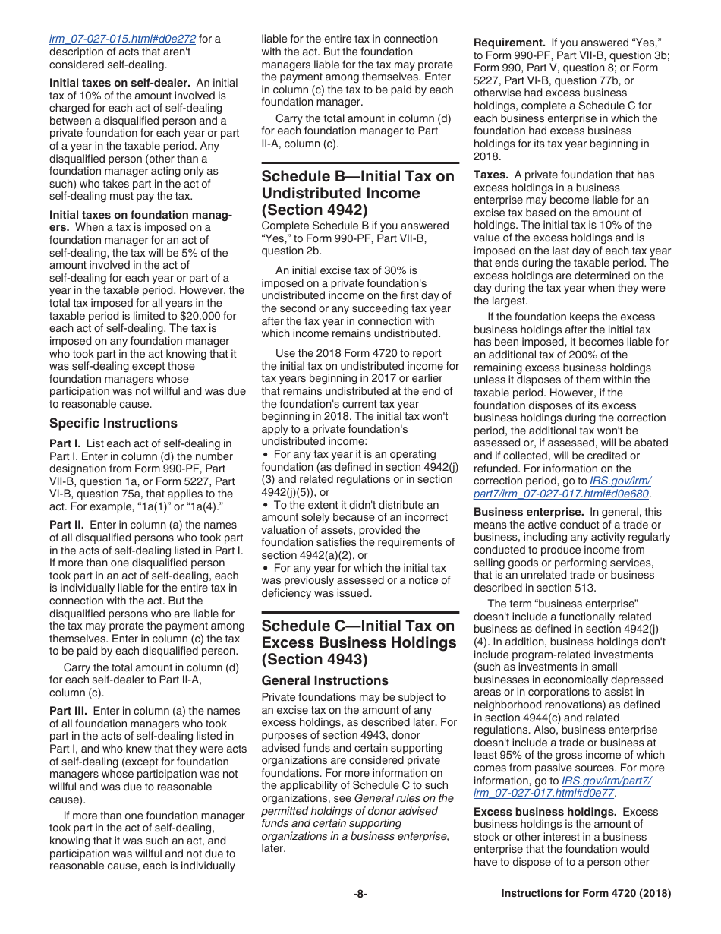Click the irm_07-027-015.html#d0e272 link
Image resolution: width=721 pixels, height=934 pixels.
[122, 39]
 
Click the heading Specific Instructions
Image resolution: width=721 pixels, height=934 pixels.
[113, 423]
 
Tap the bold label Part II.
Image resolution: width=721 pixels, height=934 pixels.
[67, 525]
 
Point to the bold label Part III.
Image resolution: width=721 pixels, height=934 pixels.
[68, 711]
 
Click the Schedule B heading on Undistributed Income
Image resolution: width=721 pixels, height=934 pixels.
[357, 193]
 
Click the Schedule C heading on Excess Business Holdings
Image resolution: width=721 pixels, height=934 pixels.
[358, 642]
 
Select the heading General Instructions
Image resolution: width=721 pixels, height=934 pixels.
[325, 680]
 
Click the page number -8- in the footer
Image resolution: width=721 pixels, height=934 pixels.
[360, 894]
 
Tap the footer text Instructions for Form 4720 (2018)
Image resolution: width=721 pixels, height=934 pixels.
[586, 894]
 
